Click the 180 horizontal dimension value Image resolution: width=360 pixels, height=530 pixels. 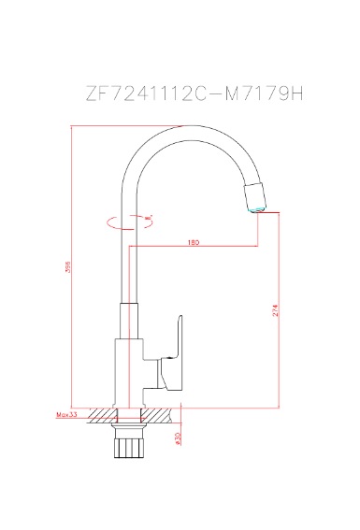pyautogui.click(x=193, y=243)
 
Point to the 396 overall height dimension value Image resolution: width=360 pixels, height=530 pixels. pyautogui.click(x=68, y=268)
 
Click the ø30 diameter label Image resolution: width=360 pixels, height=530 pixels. pyautogui.click(x=175, y=437)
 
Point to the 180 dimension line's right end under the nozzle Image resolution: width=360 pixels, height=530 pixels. pyautogui.click(x=258, y=247)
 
